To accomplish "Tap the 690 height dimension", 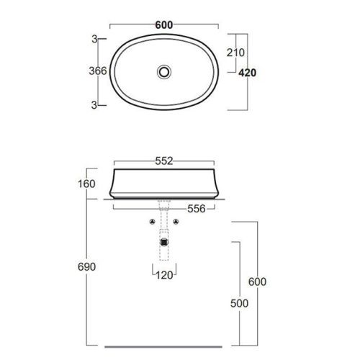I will (86, 266).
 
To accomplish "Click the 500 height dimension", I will (239, 303).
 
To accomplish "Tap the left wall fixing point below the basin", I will (153, 222).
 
